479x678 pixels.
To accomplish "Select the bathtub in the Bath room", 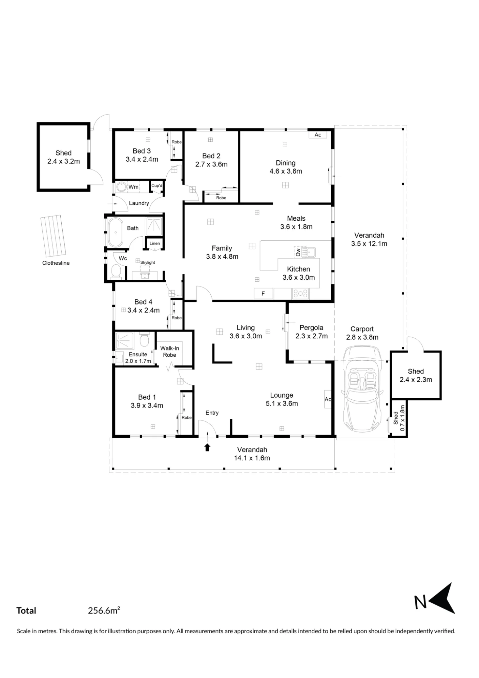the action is click(116, 233).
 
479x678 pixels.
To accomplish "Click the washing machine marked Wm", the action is click(122, 187).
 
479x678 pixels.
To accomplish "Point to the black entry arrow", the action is click(207, 447).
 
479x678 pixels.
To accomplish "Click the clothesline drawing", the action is click(53, 236).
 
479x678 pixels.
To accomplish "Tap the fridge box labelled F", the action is click(264, 294).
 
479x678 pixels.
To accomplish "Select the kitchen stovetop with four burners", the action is click(300, 294).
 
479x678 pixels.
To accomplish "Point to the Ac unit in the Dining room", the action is click(318, 135).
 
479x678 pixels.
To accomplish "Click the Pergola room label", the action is click(311, 328).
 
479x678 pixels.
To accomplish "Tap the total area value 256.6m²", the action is click(104, 611).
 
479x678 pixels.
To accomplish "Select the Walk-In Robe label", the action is click(170, 352).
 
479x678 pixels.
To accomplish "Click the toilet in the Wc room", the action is click(116, 272).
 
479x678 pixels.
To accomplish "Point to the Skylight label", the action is click(148, 262).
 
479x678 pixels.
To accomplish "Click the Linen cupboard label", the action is click(155, 243).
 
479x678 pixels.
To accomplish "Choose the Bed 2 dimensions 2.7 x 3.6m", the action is click(211, 164).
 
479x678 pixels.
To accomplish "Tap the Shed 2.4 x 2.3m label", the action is click(416, 376).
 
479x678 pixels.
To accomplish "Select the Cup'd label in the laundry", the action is click(157, 185).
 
